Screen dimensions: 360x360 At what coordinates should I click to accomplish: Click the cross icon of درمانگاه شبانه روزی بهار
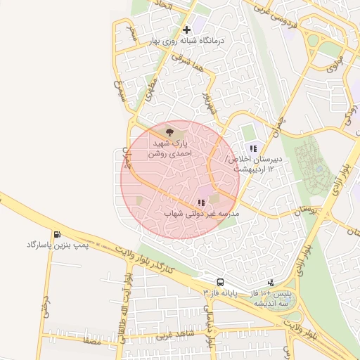[186, 30]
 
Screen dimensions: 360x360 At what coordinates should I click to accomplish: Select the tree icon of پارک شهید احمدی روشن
[169, 131]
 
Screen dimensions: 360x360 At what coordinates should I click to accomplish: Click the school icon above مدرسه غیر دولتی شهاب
[202, 202]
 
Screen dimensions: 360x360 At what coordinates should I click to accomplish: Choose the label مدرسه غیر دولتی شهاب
[202, 213]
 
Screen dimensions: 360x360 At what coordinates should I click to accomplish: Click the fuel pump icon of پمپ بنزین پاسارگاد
[56, 234]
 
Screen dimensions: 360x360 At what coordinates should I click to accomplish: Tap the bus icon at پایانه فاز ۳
[221, 282]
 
